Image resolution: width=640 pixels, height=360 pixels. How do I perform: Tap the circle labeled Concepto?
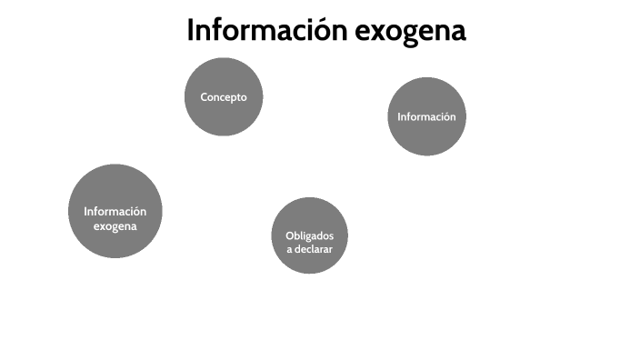click(x=224, y=96)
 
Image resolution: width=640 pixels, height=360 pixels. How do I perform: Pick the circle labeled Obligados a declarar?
click(x=310, y=235)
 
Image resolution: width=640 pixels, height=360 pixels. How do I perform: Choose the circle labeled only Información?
click(x=426, y=116)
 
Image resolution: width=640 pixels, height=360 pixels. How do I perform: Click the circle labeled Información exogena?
click(x=115, y=211)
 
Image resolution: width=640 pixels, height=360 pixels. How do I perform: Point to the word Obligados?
click(x=310, y=235)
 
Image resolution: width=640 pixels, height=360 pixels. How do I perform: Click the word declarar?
click(x=315, y=248)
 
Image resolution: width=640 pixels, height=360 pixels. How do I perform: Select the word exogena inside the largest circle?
click(x=115, y=226)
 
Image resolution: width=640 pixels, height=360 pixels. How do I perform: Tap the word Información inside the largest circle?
click(x=115, y=212)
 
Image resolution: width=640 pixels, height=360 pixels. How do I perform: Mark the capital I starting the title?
click(x=191, y=30)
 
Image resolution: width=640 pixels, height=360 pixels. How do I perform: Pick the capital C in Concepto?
click(x=205, y=97)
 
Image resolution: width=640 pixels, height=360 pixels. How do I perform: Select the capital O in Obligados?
click(x=289, y=235)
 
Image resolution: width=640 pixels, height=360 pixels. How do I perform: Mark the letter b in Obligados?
click(x=296, y=235)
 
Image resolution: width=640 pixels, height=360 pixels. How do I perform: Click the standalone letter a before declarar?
click(x=290, y=249)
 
